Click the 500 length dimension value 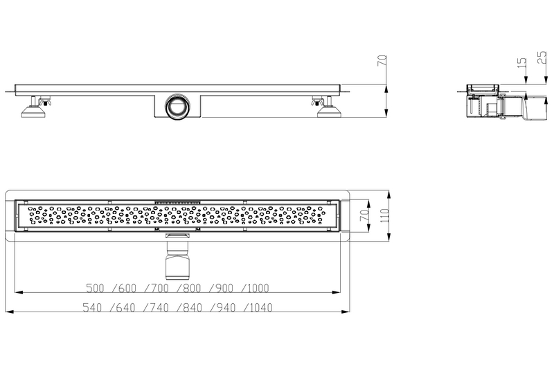point(95,288)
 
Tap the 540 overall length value point(92,307)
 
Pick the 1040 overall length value point(261,307)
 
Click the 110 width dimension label point(384,215)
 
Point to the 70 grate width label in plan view point(364,215)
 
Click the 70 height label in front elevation point(382,61)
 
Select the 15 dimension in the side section point(521,63)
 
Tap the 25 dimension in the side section point(542,57)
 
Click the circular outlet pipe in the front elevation point(177,107)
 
